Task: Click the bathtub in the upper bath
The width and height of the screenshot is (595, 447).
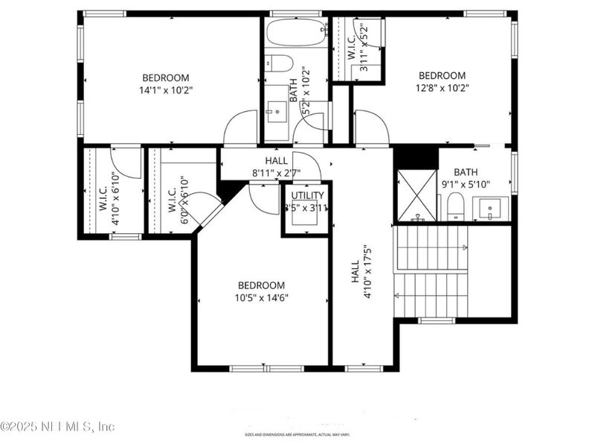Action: (x=297, y=33)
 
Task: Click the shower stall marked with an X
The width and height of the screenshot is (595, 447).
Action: (x=416, y=196)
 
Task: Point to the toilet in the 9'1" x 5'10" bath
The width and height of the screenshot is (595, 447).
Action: (x=455, y=206)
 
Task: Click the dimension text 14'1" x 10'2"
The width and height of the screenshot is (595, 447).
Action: (x=165, y=91)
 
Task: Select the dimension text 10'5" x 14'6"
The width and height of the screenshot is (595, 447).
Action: (x=261, y=298)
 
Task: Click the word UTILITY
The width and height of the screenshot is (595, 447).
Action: (x=307, y=195)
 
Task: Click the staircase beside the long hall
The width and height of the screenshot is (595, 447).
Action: (x=431, y=271)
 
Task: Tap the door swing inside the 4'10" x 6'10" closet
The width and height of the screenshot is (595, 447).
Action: (x=126, y=162)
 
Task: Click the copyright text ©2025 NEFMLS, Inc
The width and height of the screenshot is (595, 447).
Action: (x=58, y=427)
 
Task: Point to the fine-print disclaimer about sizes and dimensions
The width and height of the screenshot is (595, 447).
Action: (x=297, y=434)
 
